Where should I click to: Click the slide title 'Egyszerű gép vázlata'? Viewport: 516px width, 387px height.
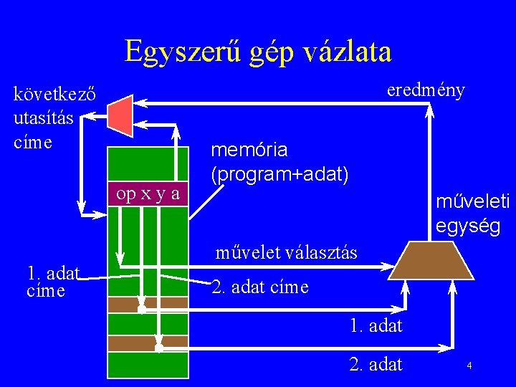pyautogui.click(x=258, y=52)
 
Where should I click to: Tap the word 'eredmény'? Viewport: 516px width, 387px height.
pyautogui.click(x=426, y=90)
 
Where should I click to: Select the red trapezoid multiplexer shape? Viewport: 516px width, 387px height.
pyautogui.click(x=120, y=115)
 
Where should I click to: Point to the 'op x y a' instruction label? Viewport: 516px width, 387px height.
pyautogui.click(x=148, y=193)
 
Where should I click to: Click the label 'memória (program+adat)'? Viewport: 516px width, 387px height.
pyautogui.click(x=279, y=161)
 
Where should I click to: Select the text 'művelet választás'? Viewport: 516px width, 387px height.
pyautogui.click(x=287, y=252)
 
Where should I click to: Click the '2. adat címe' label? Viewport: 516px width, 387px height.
pyautogui.click(x=260, y=287)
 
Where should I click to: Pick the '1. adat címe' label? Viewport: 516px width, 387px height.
pyautogui.click(x=52, y=281)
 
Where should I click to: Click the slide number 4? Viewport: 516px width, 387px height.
pyautogui.click(x=469, y=366)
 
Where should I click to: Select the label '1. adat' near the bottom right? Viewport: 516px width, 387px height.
pyautogui.click(x=376, y=326)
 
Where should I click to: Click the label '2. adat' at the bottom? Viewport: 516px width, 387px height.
pyautogui.click(x=376, y=365)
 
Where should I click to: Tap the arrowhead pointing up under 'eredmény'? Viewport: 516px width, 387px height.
pyautogui.click(x=430, y=110)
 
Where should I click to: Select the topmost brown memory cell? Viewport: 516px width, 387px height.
pyautogui.click(x=148, y=304)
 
